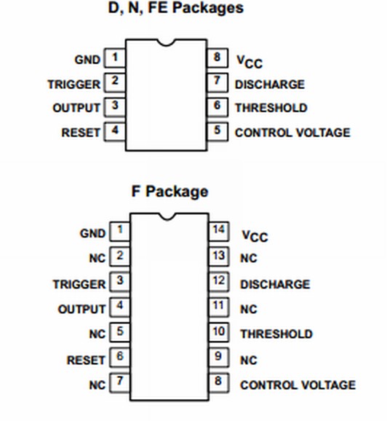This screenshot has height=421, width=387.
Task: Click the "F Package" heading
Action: click(169, 191)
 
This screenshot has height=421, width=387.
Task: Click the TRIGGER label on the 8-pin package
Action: click(73, 84)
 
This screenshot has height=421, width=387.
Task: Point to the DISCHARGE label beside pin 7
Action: click(269, 84)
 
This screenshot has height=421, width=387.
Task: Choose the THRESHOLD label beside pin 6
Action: click(271, 108)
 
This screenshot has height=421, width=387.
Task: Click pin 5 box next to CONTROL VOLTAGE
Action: click(217, 132)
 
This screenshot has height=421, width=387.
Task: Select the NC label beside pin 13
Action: click(249, 258)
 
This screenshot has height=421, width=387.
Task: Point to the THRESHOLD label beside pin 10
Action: click(276, 334)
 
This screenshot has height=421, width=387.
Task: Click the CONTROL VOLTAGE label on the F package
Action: click(298, 385)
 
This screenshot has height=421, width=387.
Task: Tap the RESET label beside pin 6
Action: click(86, 360)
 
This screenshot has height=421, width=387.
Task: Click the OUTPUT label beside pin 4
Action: click(81, 309)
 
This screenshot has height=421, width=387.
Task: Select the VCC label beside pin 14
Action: click(254, 236)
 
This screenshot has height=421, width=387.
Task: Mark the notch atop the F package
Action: click(169, 216)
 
